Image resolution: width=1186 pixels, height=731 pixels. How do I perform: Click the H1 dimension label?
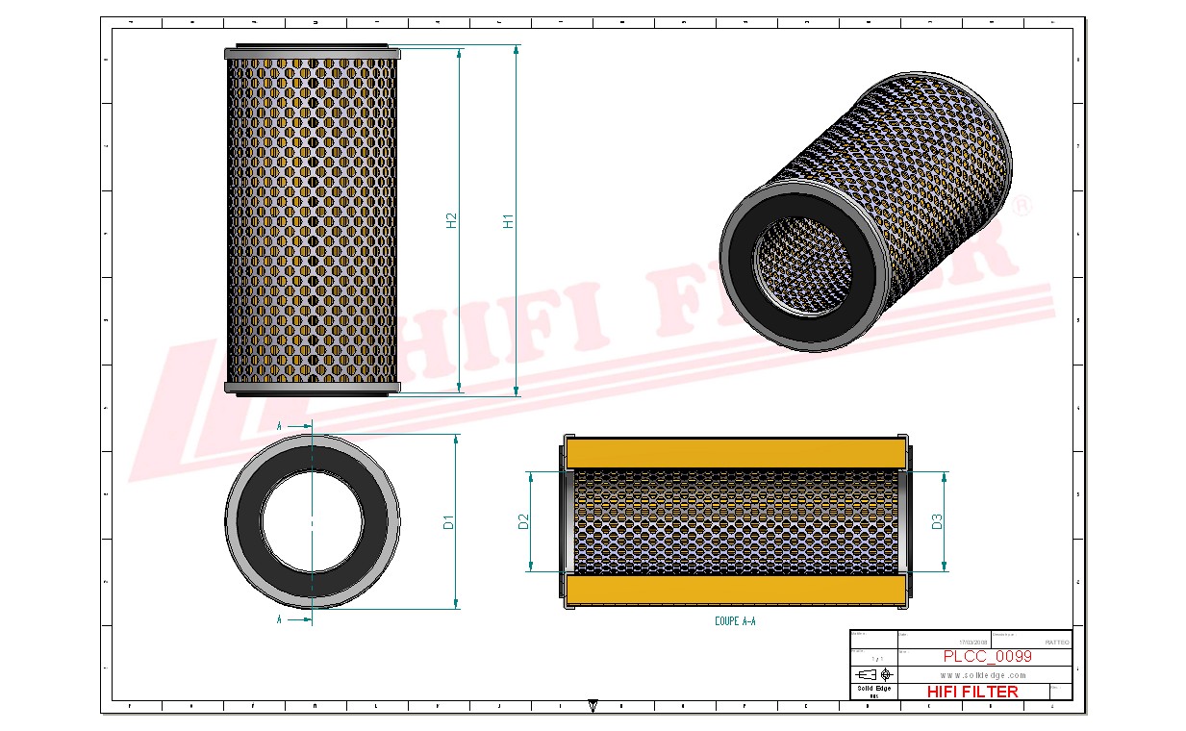click(509, 220)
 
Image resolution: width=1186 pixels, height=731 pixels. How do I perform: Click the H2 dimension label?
click(451, 220)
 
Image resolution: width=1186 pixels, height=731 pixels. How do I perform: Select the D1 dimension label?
click(448, 522)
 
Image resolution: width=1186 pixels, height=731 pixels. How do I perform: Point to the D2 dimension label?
click(524, 522)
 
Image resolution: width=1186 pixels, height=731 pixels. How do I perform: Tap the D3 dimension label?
click(937, 522)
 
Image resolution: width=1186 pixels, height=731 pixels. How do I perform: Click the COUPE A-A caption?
click(735, 622)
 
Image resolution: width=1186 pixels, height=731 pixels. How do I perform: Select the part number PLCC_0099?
click(987, 656)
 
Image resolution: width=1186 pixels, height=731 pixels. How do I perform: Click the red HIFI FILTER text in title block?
click(972, 692)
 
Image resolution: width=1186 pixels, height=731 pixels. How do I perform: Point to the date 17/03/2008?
click(973, 642)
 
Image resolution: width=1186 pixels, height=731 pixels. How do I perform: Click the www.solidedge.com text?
click(982, 675)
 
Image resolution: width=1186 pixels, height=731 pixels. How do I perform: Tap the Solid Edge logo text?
click(874, 689)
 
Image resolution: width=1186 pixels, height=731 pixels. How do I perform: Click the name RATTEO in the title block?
click(1056, 642)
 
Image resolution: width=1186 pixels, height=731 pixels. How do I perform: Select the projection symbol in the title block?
click(873, 674)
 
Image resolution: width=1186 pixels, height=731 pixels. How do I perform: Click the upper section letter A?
click(279, 424)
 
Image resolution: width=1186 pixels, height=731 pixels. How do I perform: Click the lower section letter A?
click(279, 620)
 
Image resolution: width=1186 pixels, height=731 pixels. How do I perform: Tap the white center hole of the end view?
click(313, 522)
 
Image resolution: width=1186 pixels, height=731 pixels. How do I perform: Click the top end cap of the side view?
click(312, 52)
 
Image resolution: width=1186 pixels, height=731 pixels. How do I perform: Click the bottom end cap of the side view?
click(312, 387)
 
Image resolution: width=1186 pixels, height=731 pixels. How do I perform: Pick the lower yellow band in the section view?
click(736, 590)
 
